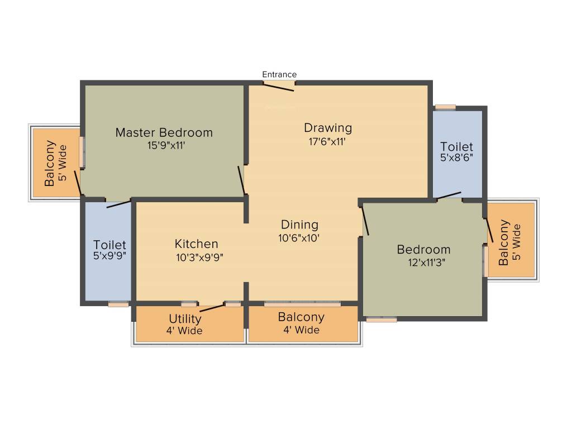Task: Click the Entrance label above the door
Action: point(279,74)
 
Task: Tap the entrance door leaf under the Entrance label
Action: point(279,87)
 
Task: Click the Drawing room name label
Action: point(328,127)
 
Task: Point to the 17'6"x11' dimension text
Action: point(328,141)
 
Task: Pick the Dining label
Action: point(299,225)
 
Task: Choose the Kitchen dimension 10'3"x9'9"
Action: point(196,257)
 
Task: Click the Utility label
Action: point(185,319)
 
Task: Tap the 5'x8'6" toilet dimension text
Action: point(456,158)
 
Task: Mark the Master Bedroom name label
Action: point(164,132)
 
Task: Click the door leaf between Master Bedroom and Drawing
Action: point(242,180)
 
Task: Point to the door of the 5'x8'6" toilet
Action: point(449,196)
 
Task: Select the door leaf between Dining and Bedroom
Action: point(365,220)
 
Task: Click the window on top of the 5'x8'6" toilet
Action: point(445,107)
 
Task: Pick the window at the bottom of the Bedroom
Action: point(382,320)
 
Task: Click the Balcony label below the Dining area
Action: point(301,317)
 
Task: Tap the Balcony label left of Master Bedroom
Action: point(50,163)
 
